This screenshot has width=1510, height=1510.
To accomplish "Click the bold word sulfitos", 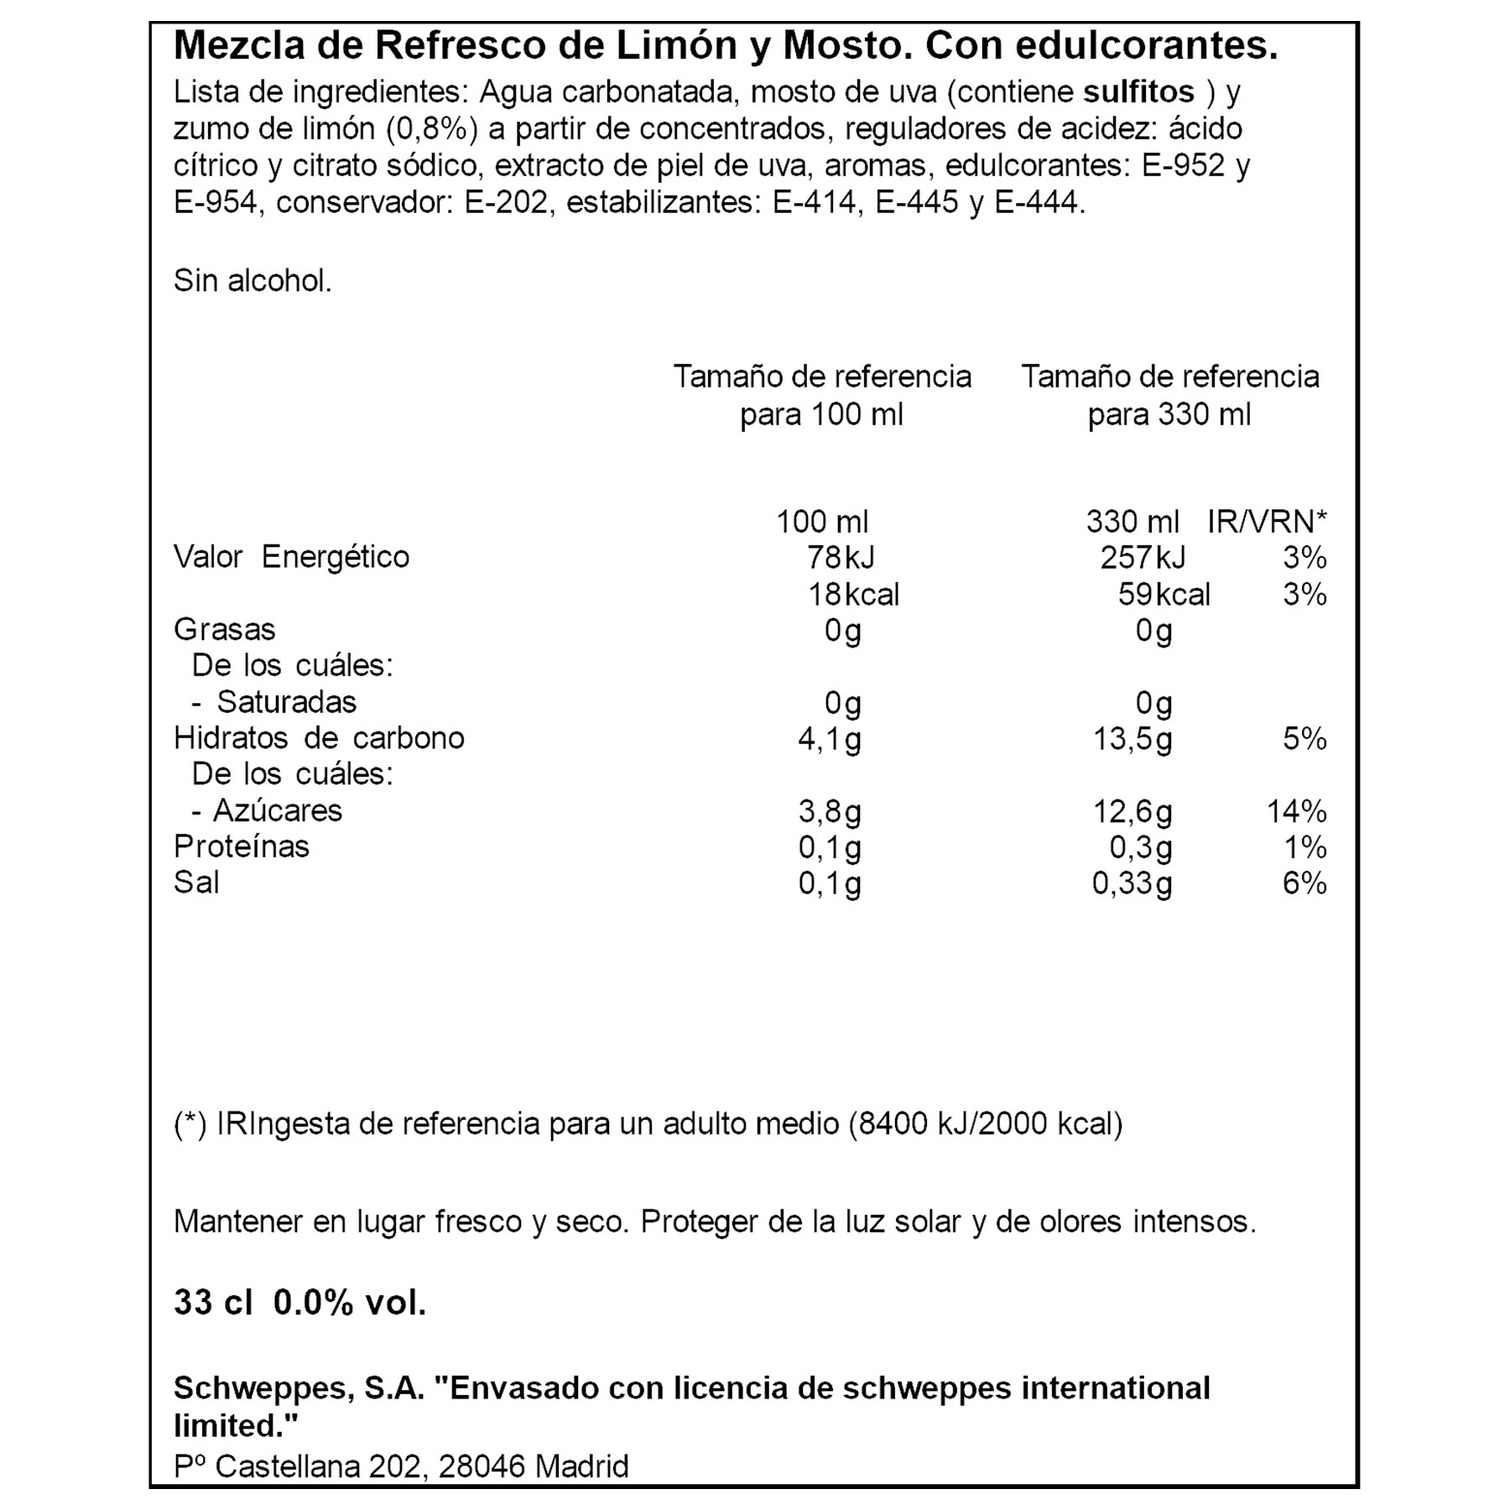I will [1138, 91].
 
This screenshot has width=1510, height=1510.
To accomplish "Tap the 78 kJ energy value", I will [840, 557].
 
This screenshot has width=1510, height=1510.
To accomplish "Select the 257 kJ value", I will [1143, 557].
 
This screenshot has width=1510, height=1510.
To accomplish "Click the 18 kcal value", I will [852, 595].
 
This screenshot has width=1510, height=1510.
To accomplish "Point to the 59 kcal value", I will [1164, 595].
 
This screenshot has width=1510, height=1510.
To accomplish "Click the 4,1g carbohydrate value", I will [829, 739].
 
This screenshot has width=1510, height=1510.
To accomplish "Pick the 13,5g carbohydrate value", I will [1132, 739].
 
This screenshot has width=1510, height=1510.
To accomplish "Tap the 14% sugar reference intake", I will [1296, 811].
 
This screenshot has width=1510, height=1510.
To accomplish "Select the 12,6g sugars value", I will [1132, 811].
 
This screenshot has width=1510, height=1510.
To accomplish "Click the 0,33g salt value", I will [1132, 883].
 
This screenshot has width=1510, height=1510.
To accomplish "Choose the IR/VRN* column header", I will [1267, 522].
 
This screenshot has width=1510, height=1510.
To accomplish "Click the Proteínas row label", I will [242, 846].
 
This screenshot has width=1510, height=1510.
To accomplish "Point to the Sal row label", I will [196, 883].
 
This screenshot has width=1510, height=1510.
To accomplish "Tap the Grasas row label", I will [224, 629].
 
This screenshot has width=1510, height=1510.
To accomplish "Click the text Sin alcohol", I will [253, 281].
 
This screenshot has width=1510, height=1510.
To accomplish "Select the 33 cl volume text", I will [213, 1303].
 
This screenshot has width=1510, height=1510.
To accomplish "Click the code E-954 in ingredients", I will [215, 202].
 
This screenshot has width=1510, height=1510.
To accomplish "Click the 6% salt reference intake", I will [1304, 883].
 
